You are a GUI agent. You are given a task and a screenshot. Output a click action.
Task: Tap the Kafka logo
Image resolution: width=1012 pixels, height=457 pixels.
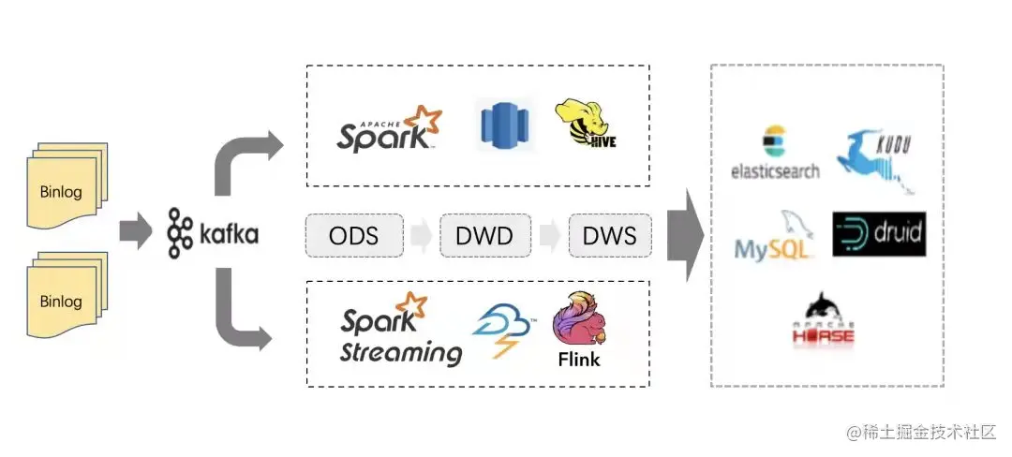[213, 233]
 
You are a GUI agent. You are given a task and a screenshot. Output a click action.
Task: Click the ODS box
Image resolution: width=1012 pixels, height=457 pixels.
[353, 235]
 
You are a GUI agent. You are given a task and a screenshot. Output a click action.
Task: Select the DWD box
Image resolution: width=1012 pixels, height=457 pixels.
[484, 235]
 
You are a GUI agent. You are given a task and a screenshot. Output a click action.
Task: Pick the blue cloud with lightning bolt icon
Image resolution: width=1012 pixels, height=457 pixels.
[503, 332]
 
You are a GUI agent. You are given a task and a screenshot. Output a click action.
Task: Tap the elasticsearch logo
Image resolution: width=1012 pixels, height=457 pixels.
[775, 152]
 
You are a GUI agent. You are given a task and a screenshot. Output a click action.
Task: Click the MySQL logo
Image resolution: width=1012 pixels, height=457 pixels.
[775, 239]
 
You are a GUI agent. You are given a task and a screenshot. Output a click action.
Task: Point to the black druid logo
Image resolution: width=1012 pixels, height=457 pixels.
[879, 233]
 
